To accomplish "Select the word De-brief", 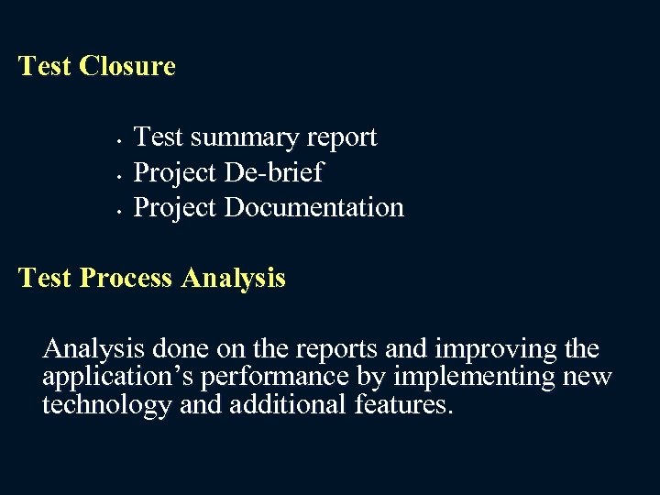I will (274, 172).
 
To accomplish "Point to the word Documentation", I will (314, 207).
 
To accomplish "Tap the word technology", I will (107, 404).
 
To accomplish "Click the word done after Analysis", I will (180, 349).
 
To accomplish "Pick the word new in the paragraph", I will (589, 377).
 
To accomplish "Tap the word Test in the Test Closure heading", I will (45, 66).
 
